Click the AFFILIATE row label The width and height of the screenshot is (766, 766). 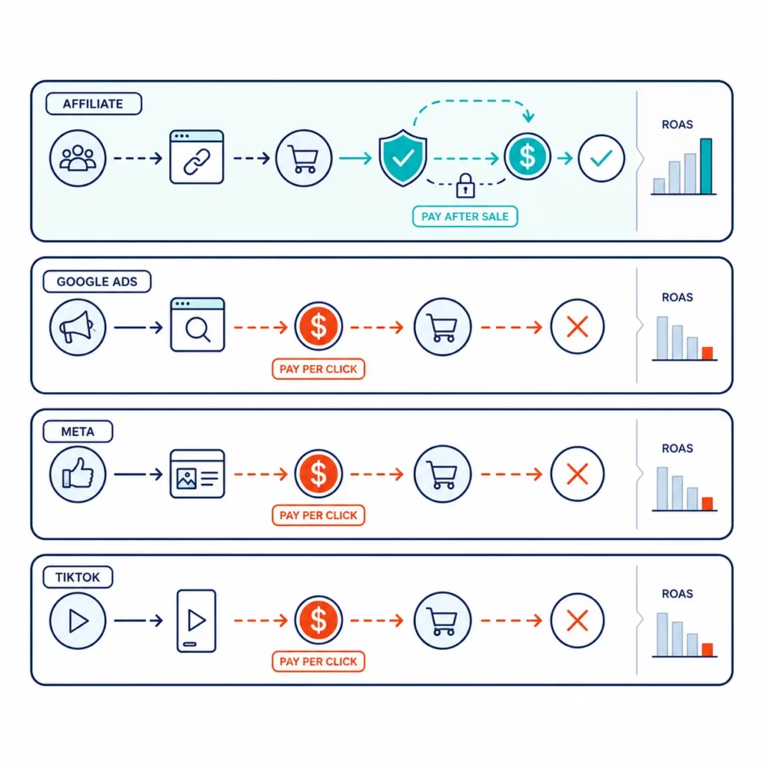[x=94, y=103]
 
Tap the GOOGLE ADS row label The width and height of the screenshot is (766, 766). [x=96, y=281]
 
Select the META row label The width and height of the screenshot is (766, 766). [x=78, y=432]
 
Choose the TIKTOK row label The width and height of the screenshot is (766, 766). [x=78, y=577]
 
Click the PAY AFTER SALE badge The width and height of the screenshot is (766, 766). [x=465, y=216]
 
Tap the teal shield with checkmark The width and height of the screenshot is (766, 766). [x=402, y=157]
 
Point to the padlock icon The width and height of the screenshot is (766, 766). [x=465, y=186]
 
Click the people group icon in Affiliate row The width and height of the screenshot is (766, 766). [x=78, y=158]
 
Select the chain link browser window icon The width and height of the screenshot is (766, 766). [x=197, y=157]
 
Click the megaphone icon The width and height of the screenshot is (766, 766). [x=78, y=327]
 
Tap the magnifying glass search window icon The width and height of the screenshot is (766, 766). [x=197, y=325]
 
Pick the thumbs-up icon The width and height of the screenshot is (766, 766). [x=78, y=474]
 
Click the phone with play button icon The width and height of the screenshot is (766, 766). [x=197, y=620]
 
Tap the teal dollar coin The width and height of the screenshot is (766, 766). [x=527, y=157]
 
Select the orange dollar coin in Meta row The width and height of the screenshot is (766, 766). [x=319, y=474]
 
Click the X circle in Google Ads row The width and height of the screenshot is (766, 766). [x=577, y=326]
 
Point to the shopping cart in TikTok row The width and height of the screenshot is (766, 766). [x=443, y=620]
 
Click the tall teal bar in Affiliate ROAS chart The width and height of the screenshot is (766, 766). [x=706, y=166]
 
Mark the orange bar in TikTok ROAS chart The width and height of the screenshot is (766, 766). [x=708, y=649]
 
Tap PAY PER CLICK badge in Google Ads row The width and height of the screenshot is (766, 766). [x=319, y=369]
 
